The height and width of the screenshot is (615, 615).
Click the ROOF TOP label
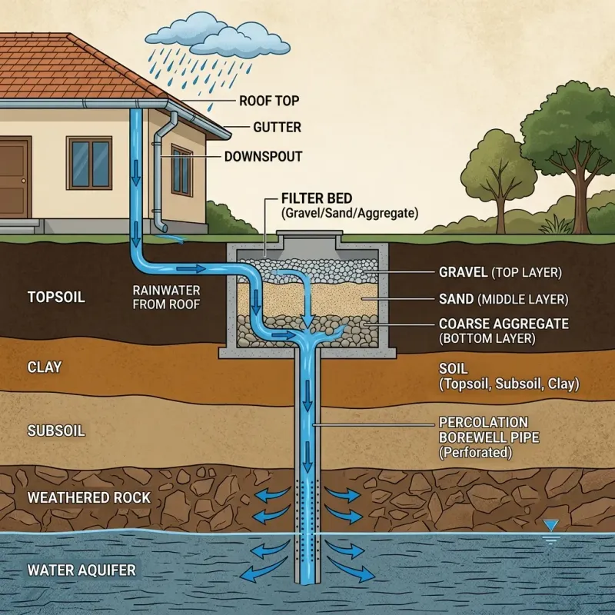[269, 100]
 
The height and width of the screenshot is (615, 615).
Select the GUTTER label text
[277, 128]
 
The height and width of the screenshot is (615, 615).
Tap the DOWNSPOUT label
[263, 156]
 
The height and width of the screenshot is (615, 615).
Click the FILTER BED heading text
[317, 198]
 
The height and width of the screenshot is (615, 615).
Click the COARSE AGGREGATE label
[504, 324]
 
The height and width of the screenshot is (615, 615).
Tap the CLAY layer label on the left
[43, 367]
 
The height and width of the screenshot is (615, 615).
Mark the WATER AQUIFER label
[81, 570]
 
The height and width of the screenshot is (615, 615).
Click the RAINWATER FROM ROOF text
[167, 297]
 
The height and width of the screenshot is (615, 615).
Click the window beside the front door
[89, 163]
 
